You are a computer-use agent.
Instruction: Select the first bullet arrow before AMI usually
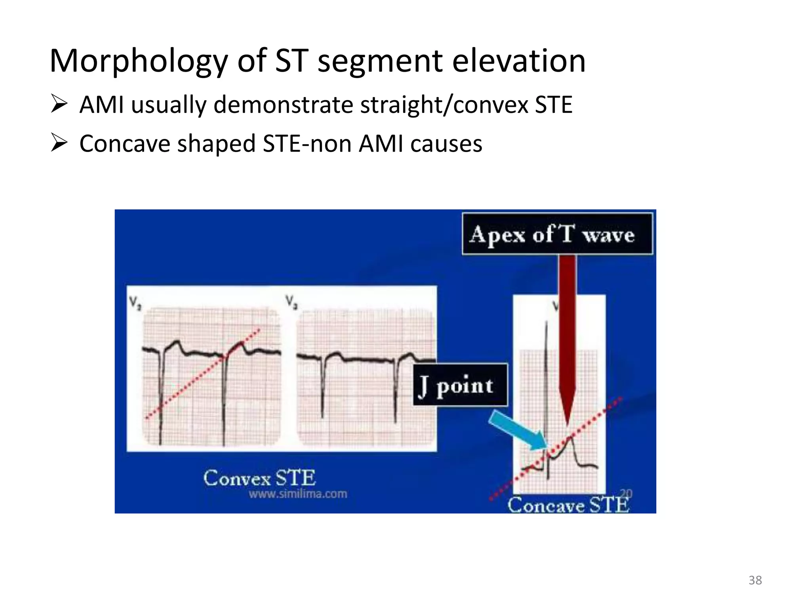point(59,104)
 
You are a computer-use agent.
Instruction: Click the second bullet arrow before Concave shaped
point(59,143)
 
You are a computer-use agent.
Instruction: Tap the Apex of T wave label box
point(557,234)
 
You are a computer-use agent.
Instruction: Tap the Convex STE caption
point(259,478)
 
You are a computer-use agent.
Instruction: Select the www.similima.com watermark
point(298,494)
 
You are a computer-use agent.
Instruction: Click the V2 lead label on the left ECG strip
point(135,304)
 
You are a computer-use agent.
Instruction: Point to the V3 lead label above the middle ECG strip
point(292,302)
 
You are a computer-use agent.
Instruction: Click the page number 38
point(755,580)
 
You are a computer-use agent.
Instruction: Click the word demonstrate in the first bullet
point(283,105)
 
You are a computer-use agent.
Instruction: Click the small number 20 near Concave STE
point(626,493)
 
